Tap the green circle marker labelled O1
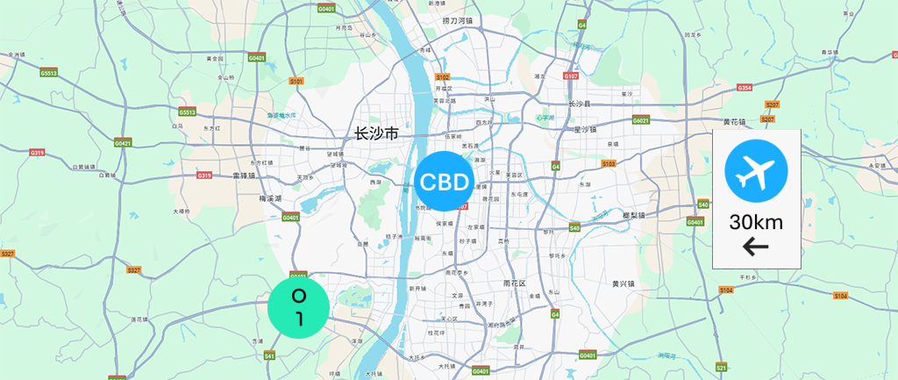click(298, 306)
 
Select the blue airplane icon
click(755, 168)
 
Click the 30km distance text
click(755, 221)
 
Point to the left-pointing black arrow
click(755, 247)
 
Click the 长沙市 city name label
click(375, 134)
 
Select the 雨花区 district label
click(514, 283)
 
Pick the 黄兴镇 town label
click(623, 283)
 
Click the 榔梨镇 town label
click(632, 215)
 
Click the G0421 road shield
click(123, 142)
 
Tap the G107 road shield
click(571, 76)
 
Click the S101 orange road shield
click(296, 81)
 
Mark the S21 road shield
click(721, 366)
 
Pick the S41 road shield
click(269, 355)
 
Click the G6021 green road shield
click(640, 120)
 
